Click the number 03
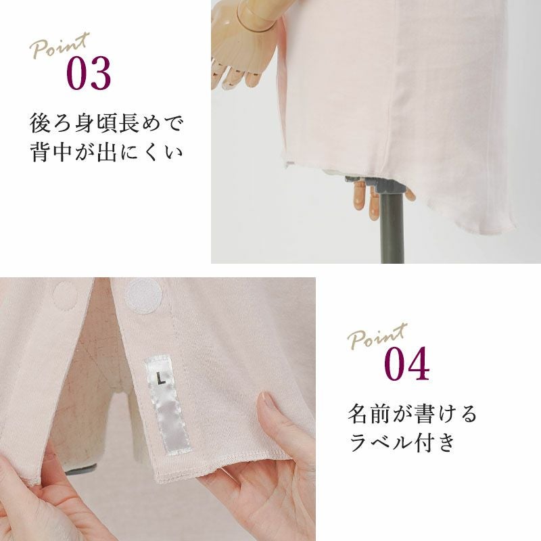click(89, 73)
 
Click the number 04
click(407, 364)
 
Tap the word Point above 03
click(60, 45)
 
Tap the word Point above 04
click(377, 335)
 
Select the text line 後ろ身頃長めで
click(105, 124)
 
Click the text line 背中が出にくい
click(105, 151)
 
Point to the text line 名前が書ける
click(412, 414)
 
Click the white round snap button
click(143, 296)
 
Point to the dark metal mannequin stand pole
click(392, 228)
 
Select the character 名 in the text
click(358, 414)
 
